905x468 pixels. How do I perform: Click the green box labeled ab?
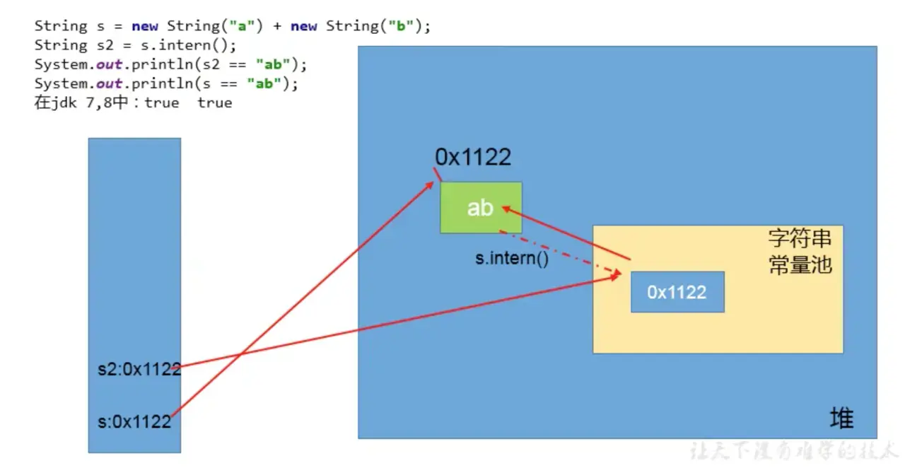point(481,207)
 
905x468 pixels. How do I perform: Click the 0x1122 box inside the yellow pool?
point(677,292)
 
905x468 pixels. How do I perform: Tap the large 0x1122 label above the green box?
point(472,157)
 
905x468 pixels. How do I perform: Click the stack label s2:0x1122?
point(139,369)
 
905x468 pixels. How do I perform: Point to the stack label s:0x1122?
point(134,422)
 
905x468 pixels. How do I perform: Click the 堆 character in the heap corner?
point(841,419)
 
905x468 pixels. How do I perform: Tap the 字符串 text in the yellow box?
point(800,239)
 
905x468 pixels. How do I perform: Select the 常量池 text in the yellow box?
point(800,264)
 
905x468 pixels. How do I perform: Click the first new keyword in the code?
point(145,26)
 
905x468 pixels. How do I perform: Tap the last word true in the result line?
point(215,103)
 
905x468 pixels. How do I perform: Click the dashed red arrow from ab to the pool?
point(559,252)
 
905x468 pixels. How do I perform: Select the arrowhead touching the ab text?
point(506,208)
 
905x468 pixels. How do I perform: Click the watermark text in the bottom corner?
point(792,450)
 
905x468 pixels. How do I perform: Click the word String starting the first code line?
point(61,26)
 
